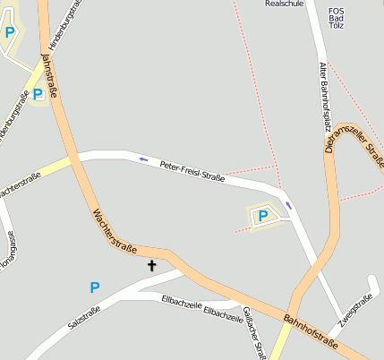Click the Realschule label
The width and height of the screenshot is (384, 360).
coord(284,4)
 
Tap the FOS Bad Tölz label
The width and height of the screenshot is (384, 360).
coord(336,18)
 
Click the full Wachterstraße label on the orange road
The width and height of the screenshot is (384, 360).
coord(114,229)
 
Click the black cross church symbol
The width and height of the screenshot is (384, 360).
coord(151,265)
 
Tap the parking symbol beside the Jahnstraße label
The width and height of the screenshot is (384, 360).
coord(38,93)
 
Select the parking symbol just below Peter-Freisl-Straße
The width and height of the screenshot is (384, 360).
coord(262,215)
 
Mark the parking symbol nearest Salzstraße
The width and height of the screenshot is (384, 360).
coord(95,287)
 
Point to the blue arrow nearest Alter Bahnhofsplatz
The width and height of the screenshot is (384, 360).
coord(288,204)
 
